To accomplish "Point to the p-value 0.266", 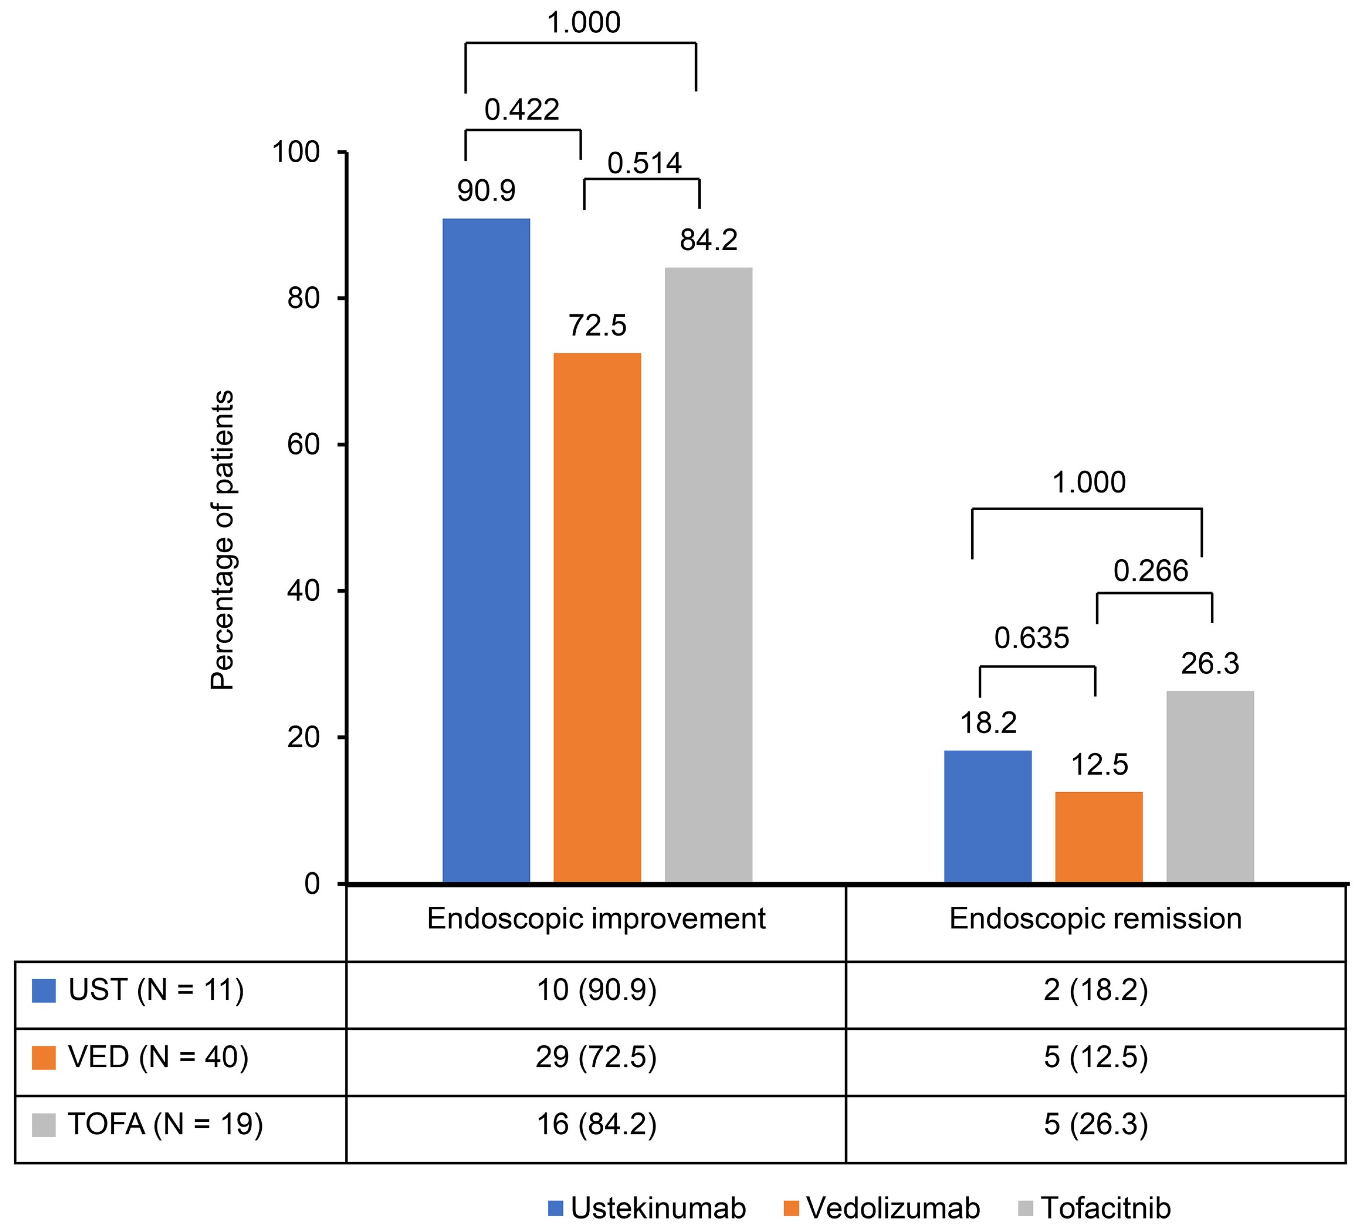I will pyautogui.click(x=1150, y=571).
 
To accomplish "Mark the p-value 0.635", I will pyautogui.click(x=1031, y=638).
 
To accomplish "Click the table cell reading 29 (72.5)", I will pyautogui.click(x=596, y=1058).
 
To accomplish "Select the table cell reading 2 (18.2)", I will pyautogui.click(x=1095, y=990).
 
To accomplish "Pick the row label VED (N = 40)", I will pyautogui.click(x=158, y=1058).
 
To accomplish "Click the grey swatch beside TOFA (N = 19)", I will pyautogui.click(x=44, y=1125).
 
